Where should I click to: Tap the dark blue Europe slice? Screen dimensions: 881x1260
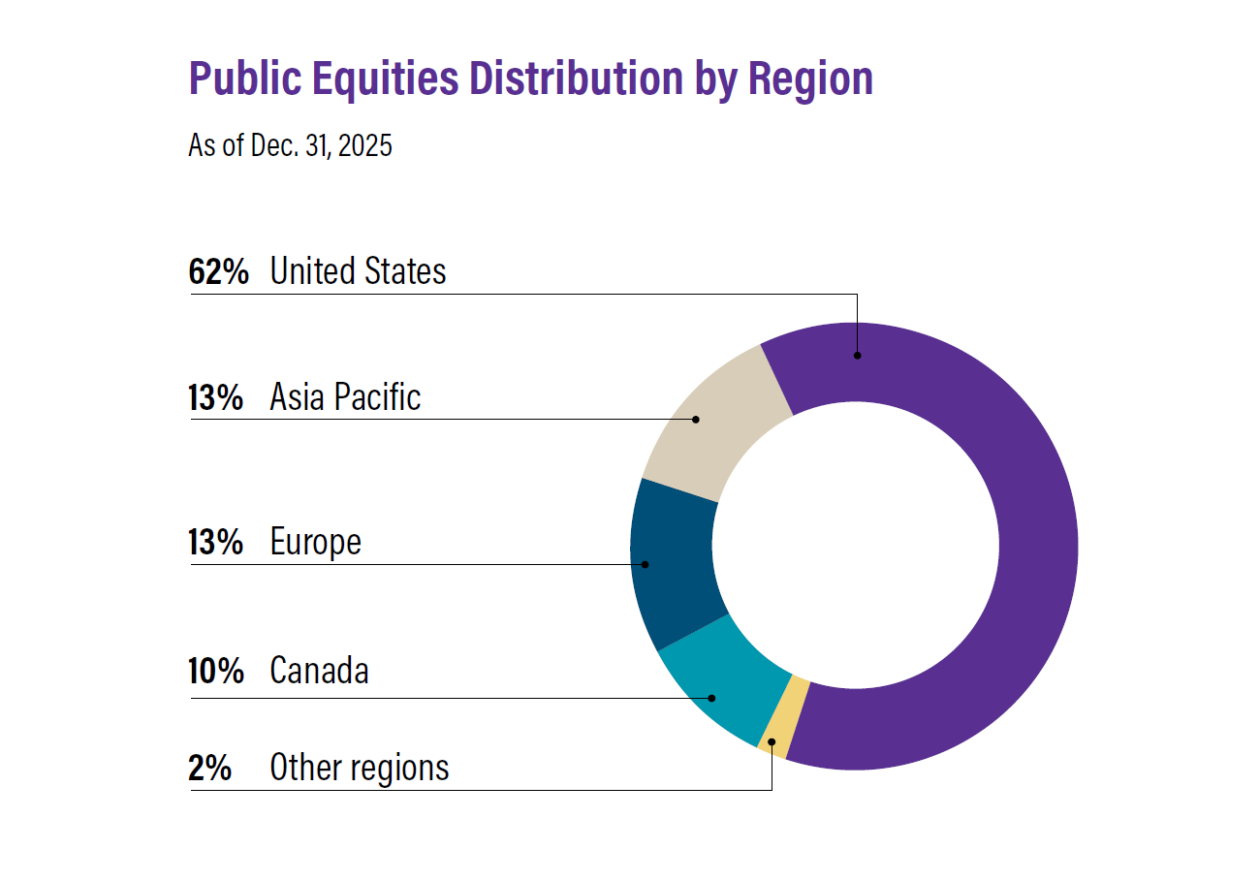click(x=674, y=562)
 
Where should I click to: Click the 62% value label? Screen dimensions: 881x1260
click(x=218, y=271)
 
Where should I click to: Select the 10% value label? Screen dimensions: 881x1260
click(x=216, y=671)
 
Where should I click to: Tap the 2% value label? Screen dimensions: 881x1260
click(x=209, y=768)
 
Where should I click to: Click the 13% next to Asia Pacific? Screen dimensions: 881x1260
click(x=216, y=397)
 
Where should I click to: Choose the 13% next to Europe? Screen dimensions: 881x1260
click(x=216, y=542)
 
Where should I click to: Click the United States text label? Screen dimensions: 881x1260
click(x=358, y=271)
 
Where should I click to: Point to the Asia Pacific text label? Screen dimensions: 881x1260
click(x=345, y=397)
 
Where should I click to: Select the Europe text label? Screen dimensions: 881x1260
click(x=315, y=542)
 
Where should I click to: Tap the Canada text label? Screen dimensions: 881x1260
click(x=319, y=671)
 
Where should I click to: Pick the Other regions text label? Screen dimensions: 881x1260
click(x=360, y=768)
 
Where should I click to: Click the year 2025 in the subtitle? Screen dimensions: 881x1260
click(x=366, y=146)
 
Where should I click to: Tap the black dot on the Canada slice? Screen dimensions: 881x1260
click(x=712, y=698)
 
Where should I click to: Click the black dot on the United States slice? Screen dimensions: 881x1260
click(x=857, y=356)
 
